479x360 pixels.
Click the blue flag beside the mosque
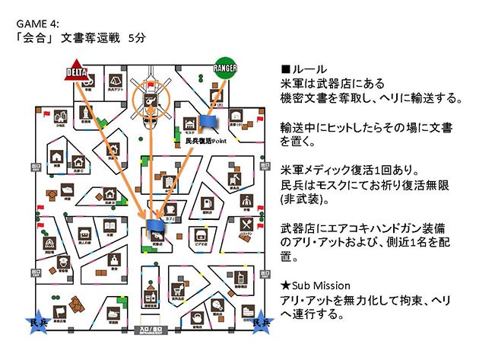tap(209, 121)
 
